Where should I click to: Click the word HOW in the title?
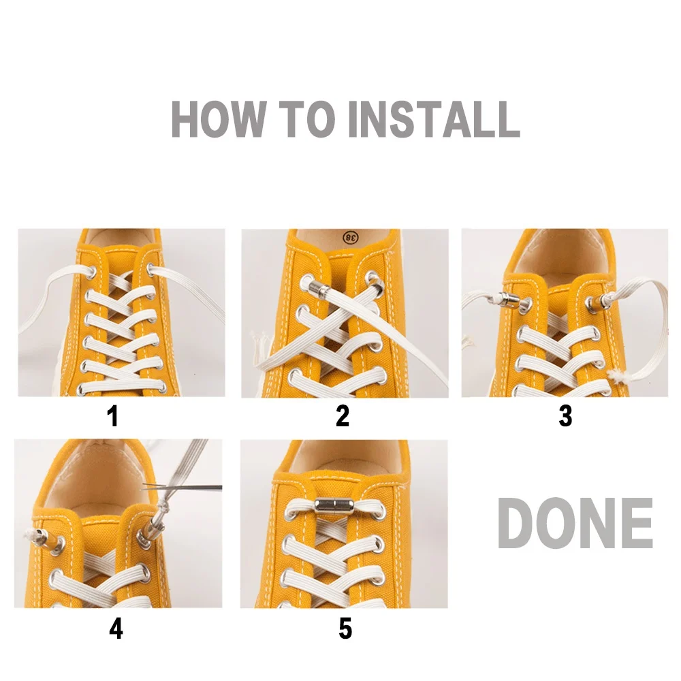pos(218,118)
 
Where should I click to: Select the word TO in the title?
pos(307,118)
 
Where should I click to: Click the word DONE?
pos(575,523)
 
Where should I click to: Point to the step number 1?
pos(112,415)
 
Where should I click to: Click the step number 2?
pos(343,415)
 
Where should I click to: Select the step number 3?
pos(565,415)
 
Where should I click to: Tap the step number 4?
pos(116,629)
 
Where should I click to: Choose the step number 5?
pos(345,629)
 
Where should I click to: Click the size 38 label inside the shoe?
pos(351,237)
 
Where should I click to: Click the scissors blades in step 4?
pos(182,488)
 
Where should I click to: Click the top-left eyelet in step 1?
pos(91,273)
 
